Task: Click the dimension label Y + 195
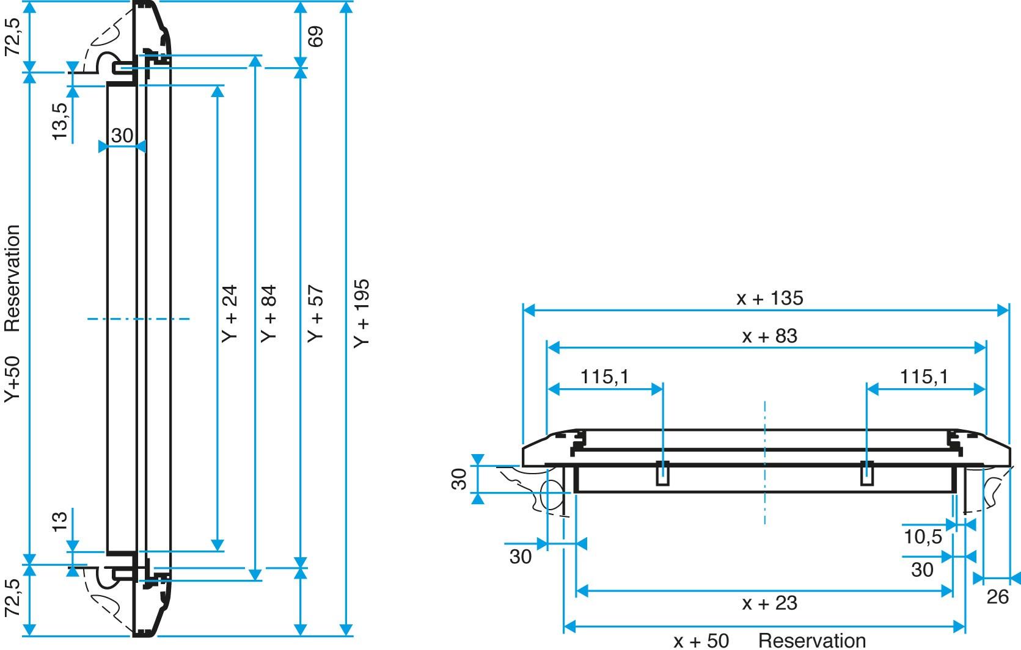[x=362, y=314]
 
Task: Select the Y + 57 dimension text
[x=315, y=314]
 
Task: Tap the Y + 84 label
[x=269, y=314]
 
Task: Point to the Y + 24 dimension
[x=230, y=314]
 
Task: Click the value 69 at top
[x=315, y=37]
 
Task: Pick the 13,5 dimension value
[x=59, y=121]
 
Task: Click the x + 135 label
[x=769, y=298]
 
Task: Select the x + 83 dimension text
[x=769, y=336]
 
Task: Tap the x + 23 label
[x=769, y=604]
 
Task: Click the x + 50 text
[x=701, y=641]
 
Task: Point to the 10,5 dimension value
[x=923, y=537]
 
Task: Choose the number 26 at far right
[x=997, y=597]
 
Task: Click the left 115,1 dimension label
[x=604, y=377]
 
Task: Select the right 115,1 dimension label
[x=924, y=377]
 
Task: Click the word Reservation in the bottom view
[x=812, y=641]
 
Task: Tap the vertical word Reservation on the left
[x=13, y=278]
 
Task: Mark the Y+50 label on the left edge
[x=13, y=378]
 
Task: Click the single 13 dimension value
[x=59, y=521]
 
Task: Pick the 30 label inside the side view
[x=122, y=135]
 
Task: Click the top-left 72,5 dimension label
[x=13, y=37]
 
